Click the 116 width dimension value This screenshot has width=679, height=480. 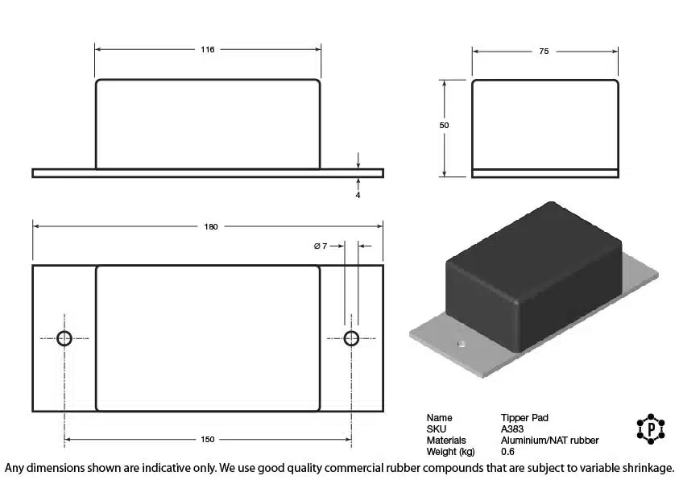pyautogui.click(x=208, y=49)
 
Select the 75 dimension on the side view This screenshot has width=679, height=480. pyautogui.click(x=544, y=51)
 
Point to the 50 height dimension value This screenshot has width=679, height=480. pyautogui.click(x=444, y=125)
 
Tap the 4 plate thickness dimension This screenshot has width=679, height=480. pyautogui.click(x=358, y=195)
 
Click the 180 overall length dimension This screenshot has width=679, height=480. pyautogui.click(x=211, y=226)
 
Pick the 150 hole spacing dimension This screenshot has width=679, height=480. pyautogui.click(x=208, y=439)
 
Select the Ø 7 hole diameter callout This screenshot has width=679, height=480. pyautogui.click(x=321, y=246)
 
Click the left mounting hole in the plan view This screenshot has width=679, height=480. pyautogui.click(x=64, y=338)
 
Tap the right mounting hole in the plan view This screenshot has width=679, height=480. pyautogui.click(x=351, y=338)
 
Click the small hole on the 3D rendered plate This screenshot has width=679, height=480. pyautogui.click(x=462, y=344)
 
